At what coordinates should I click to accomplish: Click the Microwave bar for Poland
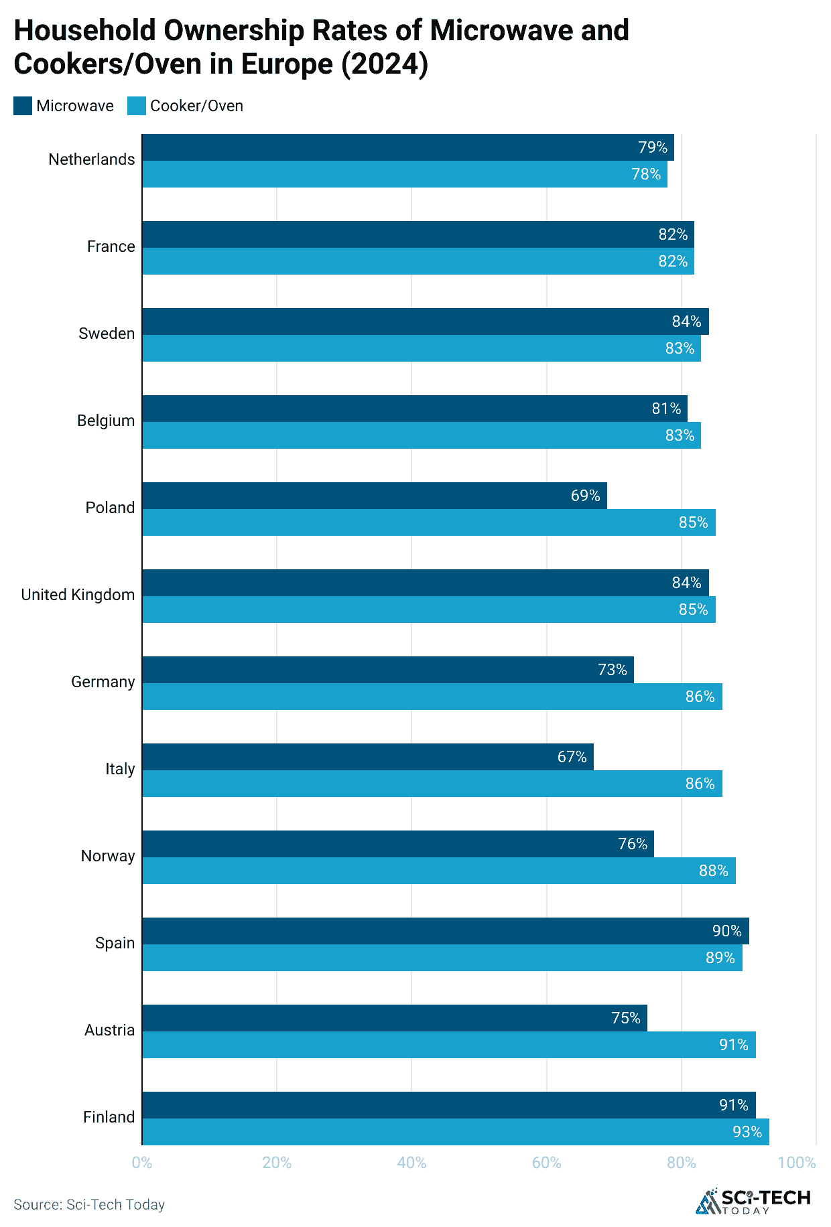(x=374, y=496)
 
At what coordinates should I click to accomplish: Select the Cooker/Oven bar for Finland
(x=456, y=1132)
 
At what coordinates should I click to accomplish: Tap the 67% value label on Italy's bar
(x=572, y=757)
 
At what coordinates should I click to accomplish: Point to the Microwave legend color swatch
(x=23, y=106)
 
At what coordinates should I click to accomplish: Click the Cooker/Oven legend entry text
(x=196, y=106)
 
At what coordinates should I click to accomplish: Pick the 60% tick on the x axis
(x=546, y=1163)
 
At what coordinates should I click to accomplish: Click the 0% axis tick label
(x=142, y=1163)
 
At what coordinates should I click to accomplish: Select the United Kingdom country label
(x=78, y=595)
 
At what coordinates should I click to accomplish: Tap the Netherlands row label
(x=92, y=159)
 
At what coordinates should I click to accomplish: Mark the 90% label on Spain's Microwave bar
(x=726, y=931)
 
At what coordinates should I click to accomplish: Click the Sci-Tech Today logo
(x=753, y=1202)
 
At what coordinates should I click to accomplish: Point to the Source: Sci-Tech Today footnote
(x=89, y=1205)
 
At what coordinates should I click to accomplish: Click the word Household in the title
(x=84, y=31)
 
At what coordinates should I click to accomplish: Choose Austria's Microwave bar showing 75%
(x=394, y=1018)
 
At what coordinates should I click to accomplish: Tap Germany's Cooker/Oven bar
(x=432, y=697)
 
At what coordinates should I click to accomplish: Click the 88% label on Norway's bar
(x=713, y=871)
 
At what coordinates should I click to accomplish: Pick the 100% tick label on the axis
(x=796, y=1163)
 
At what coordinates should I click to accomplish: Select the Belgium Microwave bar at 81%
(x=414, y=409)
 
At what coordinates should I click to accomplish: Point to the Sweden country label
(x=107, y=334)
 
